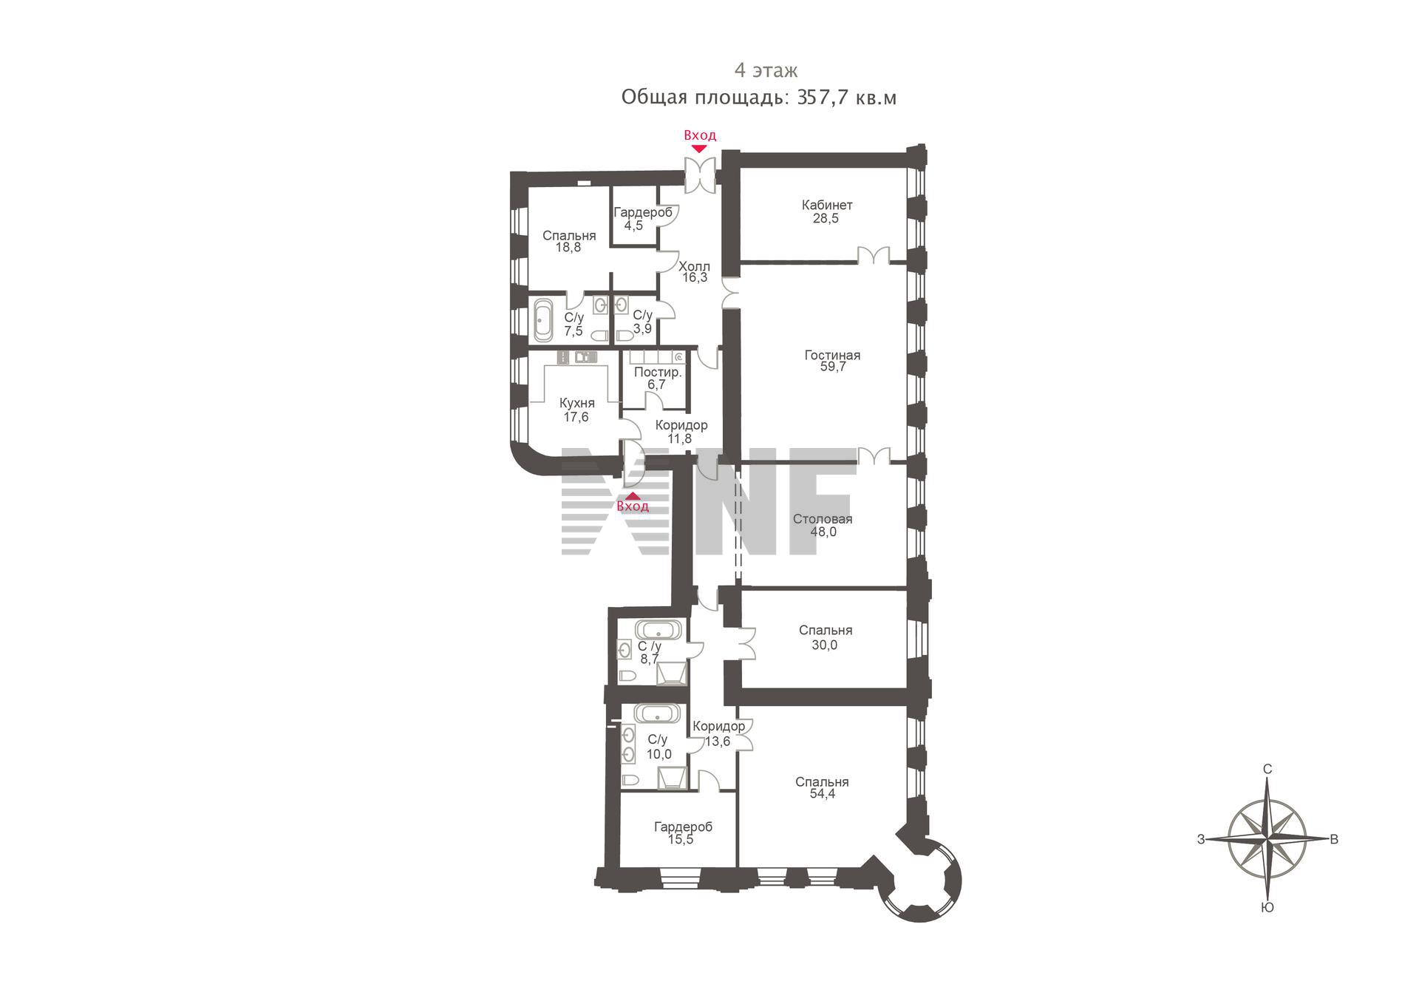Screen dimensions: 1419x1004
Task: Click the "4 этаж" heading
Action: (766, 71)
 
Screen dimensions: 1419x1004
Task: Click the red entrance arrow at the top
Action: (699, 149)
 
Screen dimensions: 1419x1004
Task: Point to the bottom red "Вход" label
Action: (633, 506)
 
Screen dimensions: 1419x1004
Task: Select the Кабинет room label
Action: (827, 205)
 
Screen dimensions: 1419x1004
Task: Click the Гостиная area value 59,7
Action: (832, 367)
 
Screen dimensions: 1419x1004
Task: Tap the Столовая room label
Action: (823, 519)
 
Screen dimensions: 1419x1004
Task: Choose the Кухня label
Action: (576, 404)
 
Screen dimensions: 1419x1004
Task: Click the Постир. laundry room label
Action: (658, 372)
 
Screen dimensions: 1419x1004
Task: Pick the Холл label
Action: (694, 266)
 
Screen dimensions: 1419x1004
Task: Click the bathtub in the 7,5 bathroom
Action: (543, 320)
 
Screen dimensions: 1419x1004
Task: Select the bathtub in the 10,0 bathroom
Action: (658, 713)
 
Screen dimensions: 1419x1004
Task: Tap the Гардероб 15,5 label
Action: (683, 833)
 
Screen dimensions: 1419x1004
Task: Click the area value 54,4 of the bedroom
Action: (822, 795)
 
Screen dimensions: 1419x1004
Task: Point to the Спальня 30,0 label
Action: (826, 637)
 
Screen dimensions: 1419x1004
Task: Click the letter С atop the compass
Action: (1267, 769)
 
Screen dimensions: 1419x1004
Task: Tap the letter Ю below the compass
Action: (1267, 908)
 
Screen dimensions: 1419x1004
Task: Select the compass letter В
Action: (1334, 839)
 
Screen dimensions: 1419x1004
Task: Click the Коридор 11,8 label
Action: (681, 432)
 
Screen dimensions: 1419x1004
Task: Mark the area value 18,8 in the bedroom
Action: (568, 248)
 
